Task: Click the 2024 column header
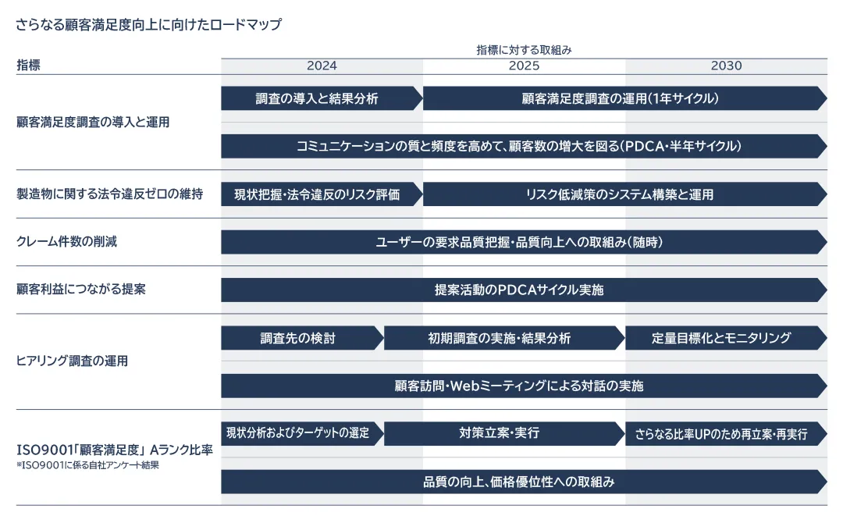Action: coord(322,66)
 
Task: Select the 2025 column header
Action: coord(524,66)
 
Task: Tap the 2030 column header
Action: coord(726,66)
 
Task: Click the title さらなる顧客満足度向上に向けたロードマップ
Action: coord(148,24)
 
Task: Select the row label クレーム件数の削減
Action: coord(67,241)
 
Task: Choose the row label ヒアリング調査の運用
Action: coord(73,361)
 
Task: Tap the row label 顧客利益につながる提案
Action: coord(81,289)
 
